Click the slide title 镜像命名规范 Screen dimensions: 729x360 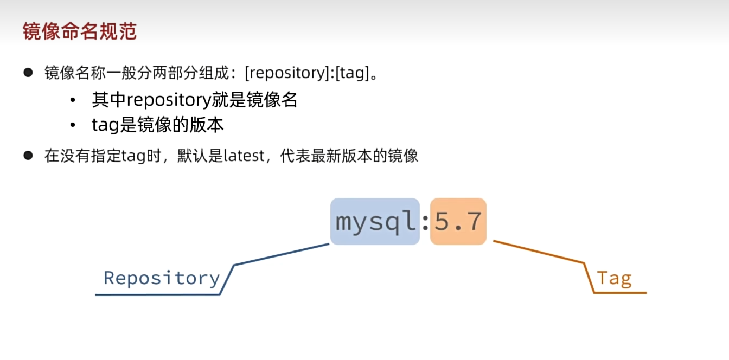[x=79, y=31]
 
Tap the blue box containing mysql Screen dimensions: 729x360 [x=375, y=222]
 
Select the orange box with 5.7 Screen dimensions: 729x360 [x=458, y=222]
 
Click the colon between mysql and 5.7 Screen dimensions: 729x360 [x=425, y=222]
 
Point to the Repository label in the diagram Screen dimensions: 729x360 [x=162, y=278]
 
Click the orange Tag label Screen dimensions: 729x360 [x=614, y=278]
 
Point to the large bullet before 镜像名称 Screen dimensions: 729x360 [x=29, y=73]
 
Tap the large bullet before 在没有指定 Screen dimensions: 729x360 [x=29, y=156]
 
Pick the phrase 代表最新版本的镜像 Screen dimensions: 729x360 [x=349, y=156]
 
